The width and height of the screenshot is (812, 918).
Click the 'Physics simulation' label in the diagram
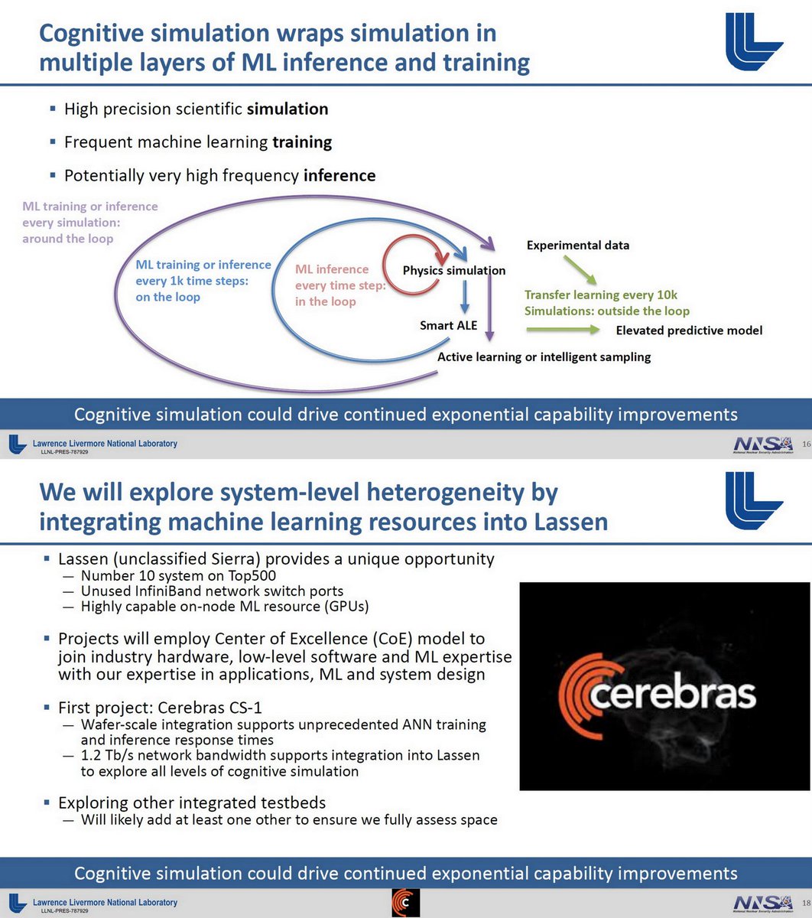coord(453,271)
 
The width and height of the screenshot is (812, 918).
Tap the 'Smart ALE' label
coord(448,325)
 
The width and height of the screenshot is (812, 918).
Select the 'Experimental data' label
coord(578,245)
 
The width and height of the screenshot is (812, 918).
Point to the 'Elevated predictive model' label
coord(689,330)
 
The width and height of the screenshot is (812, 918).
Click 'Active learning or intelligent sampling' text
coord(544,357)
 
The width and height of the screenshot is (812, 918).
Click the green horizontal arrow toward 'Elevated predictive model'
coord(563,330)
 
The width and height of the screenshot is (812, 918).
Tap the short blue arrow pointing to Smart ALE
coord(465,297)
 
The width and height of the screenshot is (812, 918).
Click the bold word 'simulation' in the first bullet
coord(287,109)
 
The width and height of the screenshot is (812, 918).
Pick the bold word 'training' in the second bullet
coord(302,143)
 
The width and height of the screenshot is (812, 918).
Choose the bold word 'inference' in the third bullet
coord(339,175)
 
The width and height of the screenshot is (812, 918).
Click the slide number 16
coord(807,444)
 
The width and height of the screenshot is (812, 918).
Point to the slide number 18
coord(807,903)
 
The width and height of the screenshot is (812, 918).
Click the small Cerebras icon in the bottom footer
coord(405,903)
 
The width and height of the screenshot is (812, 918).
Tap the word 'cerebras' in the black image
coord(672,694)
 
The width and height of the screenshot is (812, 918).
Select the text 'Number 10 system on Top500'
coord(178,575)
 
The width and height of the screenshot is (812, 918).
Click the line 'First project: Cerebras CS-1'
coord(160,708)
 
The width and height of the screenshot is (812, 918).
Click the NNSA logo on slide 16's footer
coord(764,444)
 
